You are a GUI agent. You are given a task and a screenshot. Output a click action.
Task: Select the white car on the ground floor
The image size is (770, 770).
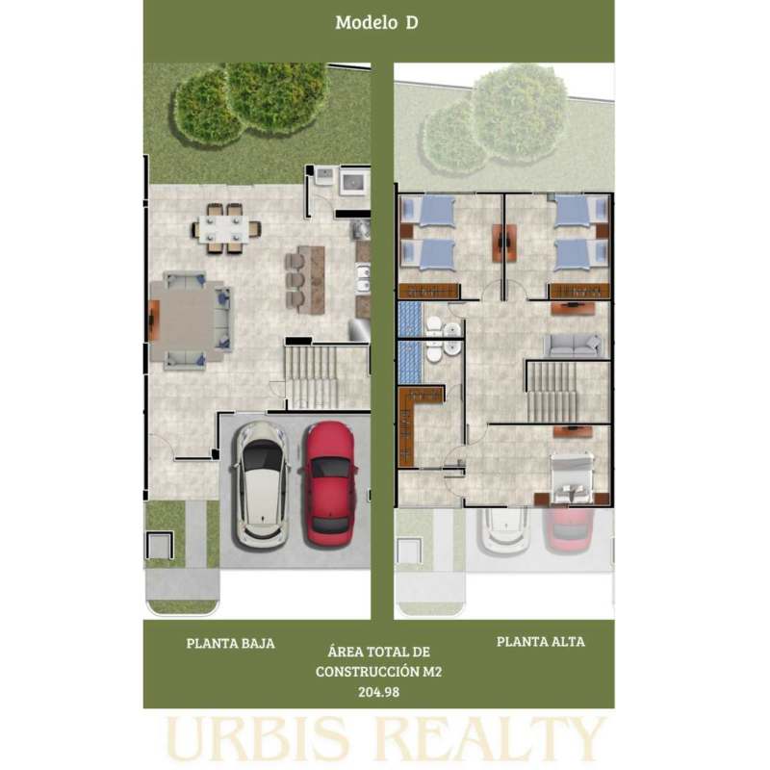260,485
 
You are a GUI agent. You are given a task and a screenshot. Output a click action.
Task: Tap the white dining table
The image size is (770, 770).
223,229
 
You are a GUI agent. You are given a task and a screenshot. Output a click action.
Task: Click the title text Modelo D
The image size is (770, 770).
376,22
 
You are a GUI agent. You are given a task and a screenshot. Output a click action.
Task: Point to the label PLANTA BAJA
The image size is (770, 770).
230,643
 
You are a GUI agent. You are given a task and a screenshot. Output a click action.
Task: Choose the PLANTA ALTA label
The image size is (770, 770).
541,641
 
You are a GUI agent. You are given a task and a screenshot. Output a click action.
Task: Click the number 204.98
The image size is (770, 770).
378,692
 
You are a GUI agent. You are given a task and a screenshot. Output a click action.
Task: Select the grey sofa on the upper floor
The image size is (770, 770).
573,345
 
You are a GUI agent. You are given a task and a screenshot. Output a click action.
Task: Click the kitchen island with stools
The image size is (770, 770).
305,279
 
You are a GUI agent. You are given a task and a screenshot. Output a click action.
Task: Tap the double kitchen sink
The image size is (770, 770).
363,278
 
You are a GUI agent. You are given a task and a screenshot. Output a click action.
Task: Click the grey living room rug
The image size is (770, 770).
187,321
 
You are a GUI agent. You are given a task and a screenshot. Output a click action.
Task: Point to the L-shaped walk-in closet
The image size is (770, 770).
414,423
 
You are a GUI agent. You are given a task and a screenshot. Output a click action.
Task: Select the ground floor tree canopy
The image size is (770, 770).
250,103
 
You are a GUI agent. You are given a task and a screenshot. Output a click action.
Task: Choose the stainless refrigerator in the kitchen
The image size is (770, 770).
359,329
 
